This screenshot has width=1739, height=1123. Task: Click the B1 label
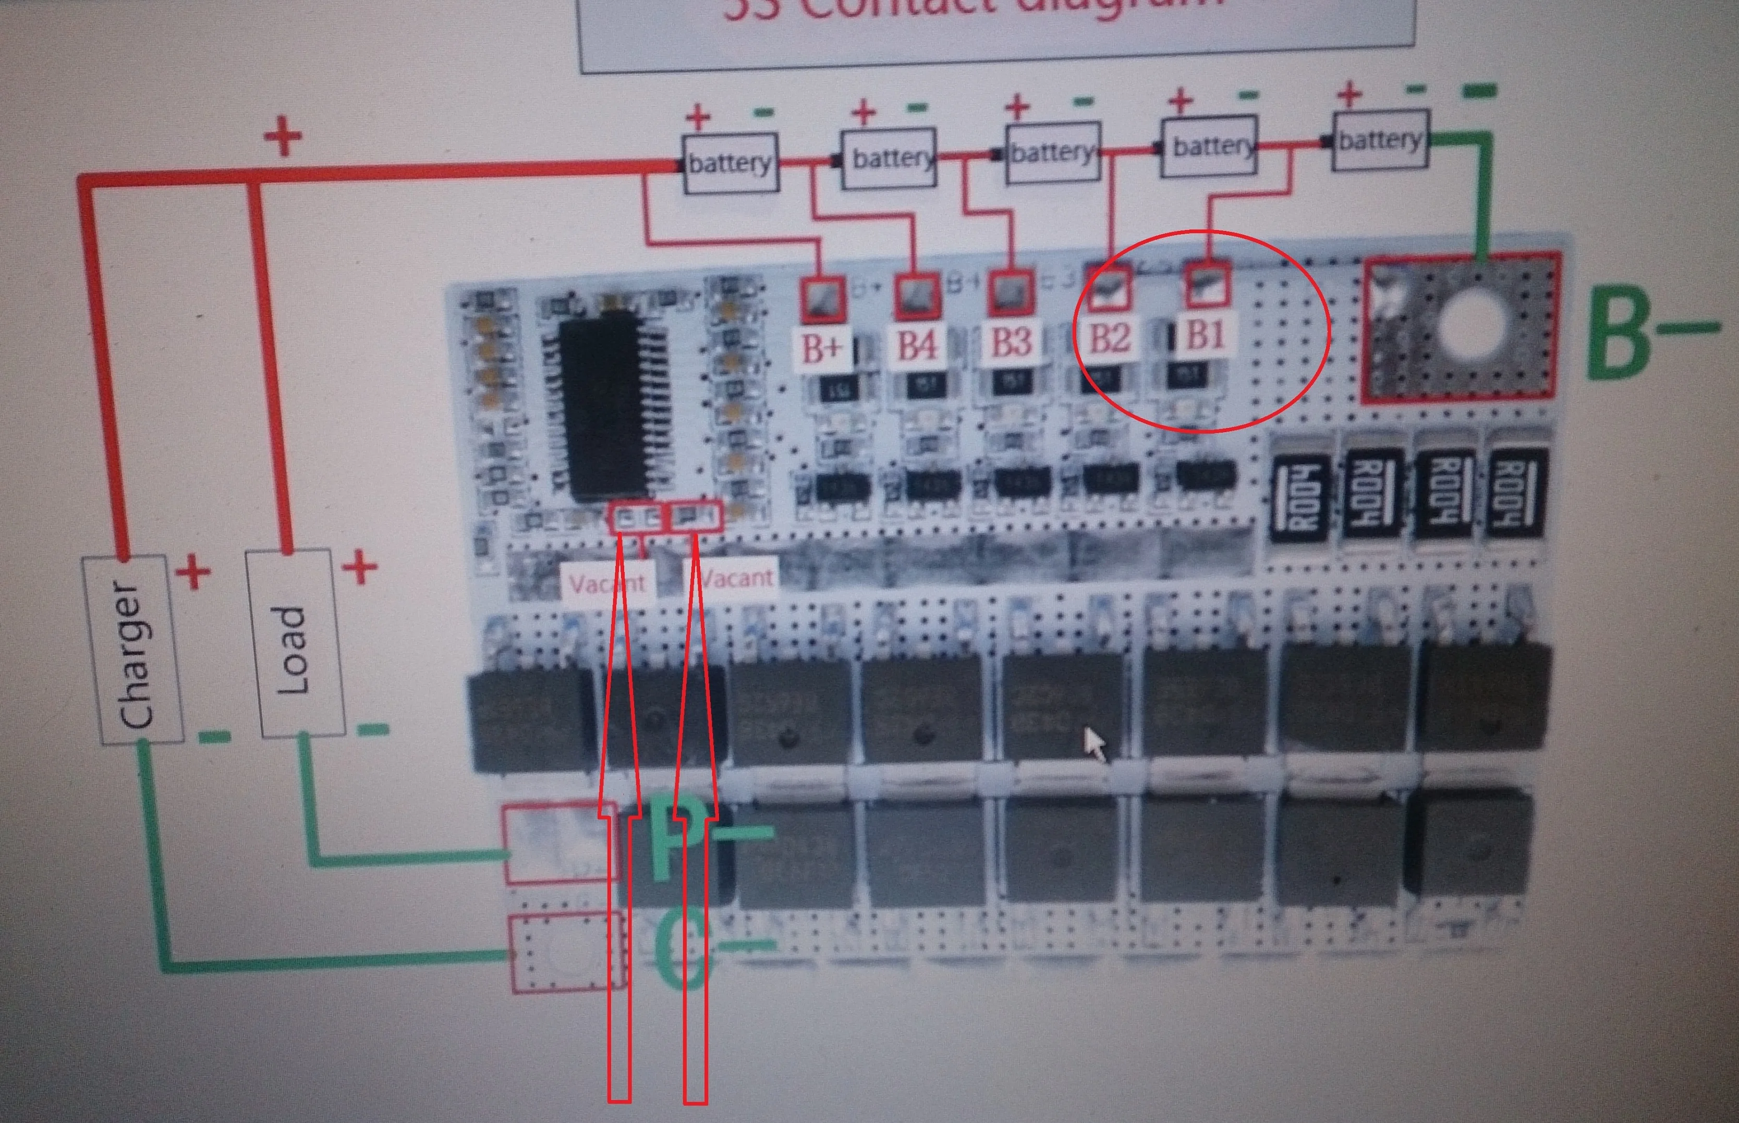(x=1205, y=335)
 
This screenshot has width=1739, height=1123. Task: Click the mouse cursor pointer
(x=1093, y=744)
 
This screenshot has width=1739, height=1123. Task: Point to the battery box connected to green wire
(x=1380, y=140)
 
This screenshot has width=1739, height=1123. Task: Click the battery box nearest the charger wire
(x=730, y=163)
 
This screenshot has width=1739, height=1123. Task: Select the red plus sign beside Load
(x=359, y=567)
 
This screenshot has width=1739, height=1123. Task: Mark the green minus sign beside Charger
(x=214, y=737)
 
